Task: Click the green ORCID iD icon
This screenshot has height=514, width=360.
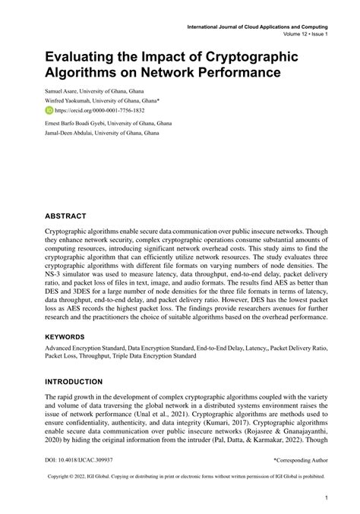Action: pyautogui.click(x=49, y=109)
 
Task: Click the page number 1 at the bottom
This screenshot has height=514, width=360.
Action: pyautogui.click(x=325, y=498)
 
